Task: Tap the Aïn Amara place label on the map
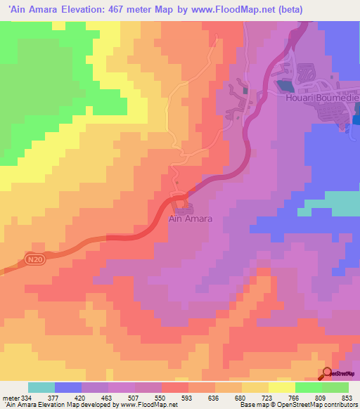(191, 219)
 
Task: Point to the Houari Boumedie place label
(323, 99)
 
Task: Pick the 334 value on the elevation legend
(29, 397)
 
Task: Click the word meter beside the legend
(10, 397)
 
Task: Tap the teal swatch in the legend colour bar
(41, 387)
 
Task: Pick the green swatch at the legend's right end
(335, 387)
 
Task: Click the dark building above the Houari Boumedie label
(283, 86)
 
